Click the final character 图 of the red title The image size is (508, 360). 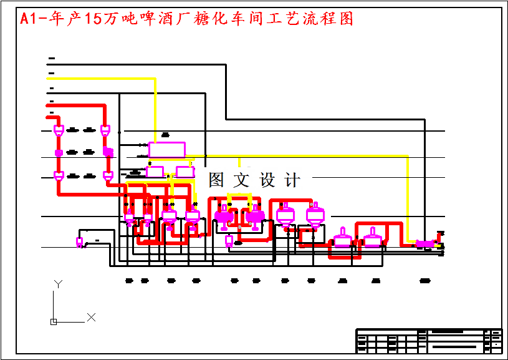tap(346, 19)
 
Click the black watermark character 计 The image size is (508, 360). tap(291, 180)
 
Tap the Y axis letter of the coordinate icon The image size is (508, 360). tap(58, 284)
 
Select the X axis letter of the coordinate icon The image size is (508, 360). tap(91, 318)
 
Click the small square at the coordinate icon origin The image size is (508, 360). tap(54, 322)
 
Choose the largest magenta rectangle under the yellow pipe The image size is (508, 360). tap(166, 150)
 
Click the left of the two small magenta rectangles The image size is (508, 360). tap(155, 171)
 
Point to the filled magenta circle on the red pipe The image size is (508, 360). tap(59, 152)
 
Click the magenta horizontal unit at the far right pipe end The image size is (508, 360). tap(425, 243)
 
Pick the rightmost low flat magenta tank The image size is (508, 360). tap(373, 239)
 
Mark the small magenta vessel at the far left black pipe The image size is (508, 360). tap(80, 241)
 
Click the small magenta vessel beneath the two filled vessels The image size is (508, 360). tap(229, 241)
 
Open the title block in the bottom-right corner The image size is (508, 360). tap(429, 341)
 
